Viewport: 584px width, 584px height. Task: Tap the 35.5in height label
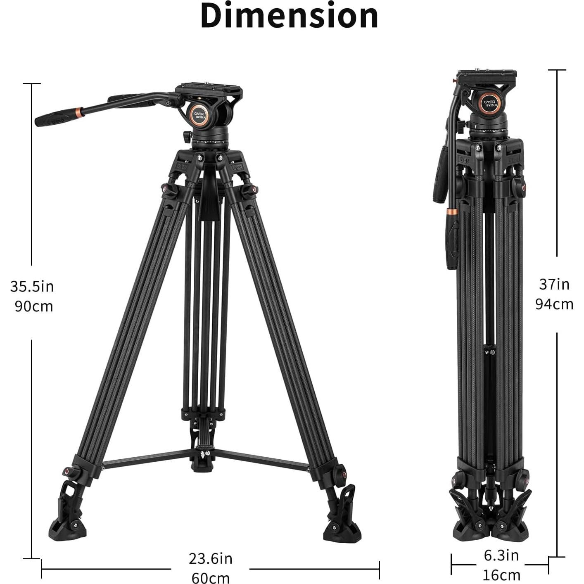point(32,286)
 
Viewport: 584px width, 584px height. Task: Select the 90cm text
point(33,306)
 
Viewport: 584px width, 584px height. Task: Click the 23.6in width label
point(210,559)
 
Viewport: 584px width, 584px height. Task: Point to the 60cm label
point(210,577)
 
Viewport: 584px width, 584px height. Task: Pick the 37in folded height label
point(554,284)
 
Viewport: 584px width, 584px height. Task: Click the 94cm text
point(554,304)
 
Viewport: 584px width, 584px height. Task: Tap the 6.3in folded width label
point(501,556)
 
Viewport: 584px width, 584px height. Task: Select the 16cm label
point(501,575)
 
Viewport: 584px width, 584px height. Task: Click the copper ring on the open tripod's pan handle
point(79,111)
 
